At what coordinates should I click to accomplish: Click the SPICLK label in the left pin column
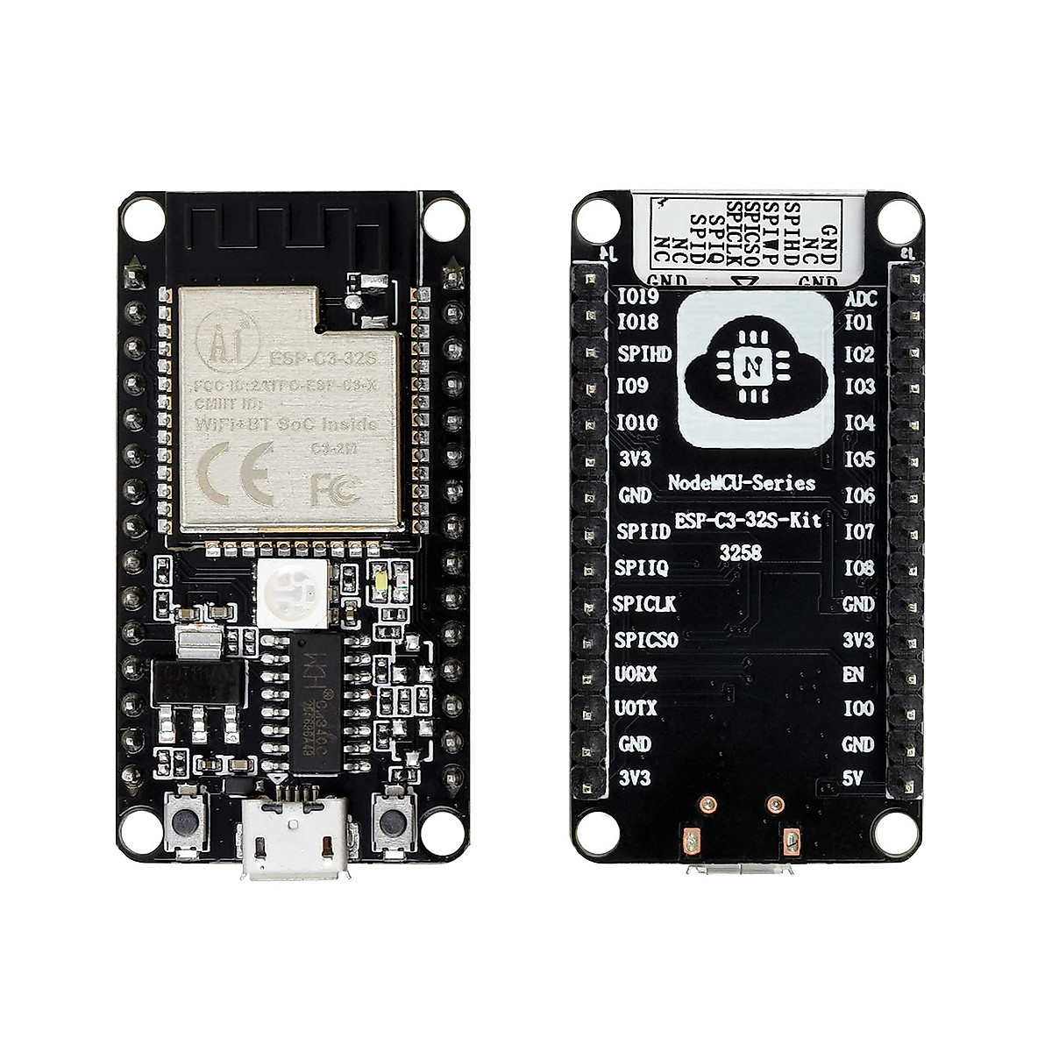point(644,604)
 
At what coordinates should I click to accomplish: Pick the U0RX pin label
point(636,674)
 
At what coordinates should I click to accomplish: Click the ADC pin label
point(858,299)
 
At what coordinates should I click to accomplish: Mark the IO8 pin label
point(859,567)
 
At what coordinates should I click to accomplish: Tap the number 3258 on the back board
point(742,553)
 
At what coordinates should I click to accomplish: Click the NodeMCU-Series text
point(742,483)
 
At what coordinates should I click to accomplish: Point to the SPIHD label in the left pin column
point(644,353)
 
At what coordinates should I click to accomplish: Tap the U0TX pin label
point(636,707)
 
